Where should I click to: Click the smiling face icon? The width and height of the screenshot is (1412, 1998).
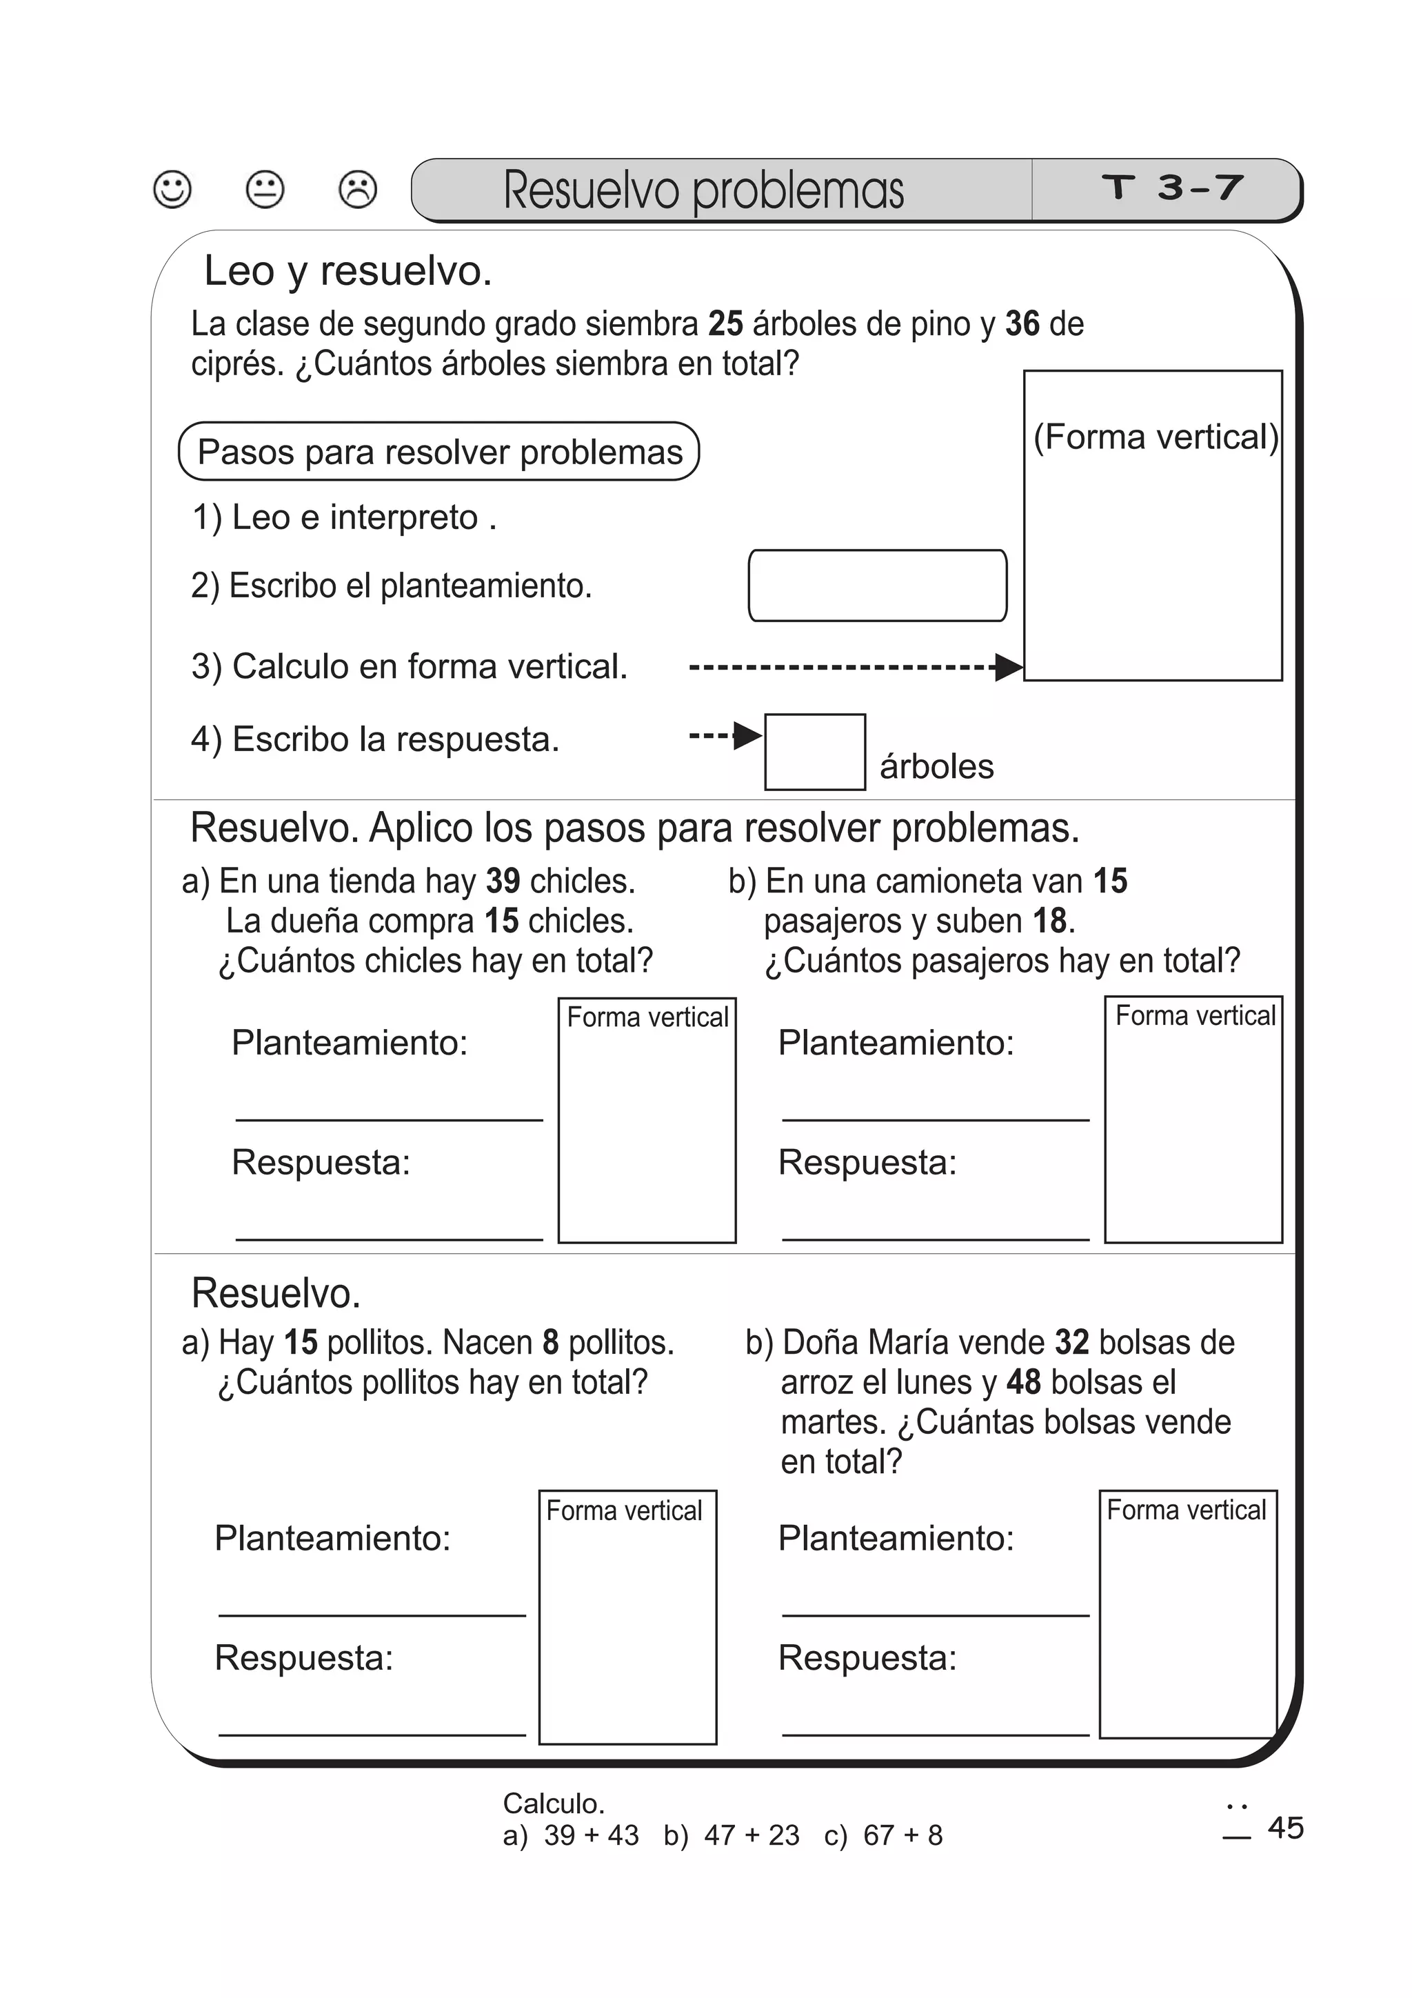tap(172, 189)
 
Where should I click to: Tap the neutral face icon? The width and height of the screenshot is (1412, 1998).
tap(265, 189)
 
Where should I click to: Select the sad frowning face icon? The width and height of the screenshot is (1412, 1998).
tap(358, 189)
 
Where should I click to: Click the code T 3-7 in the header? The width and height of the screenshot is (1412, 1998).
tap(1172, 187)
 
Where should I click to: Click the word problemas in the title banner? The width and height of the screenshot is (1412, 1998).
tap(798, 190)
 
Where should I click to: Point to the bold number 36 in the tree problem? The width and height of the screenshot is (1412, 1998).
tap(1022, 323)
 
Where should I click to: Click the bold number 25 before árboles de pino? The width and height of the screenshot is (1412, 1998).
tap(725, 323)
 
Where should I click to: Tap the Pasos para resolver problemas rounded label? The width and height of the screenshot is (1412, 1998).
tap(439, 452)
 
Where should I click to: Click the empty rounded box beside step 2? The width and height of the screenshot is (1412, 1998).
tap(877, 585)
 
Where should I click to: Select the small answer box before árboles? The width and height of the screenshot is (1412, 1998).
tap(814, 752)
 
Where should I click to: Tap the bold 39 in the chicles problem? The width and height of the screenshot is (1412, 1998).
tap(503, 881)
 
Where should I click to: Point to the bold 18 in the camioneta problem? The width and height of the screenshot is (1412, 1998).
tap(1049, 921)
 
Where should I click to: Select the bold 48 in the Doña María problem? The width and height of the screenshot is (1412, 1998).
tap(1024, 1382)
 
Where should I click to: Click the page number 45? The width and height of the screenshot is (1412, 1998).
tap(1285, 1828)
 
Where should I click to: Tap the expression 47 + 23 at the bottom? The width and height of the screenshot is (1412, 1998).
tap(752, 1835)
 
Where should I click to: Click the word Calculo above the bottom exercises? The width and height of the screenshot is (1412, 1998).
tap(554, 1803)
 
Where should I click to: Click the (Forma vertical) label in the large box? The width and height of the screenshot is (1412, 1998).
tap(1156, 437)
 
